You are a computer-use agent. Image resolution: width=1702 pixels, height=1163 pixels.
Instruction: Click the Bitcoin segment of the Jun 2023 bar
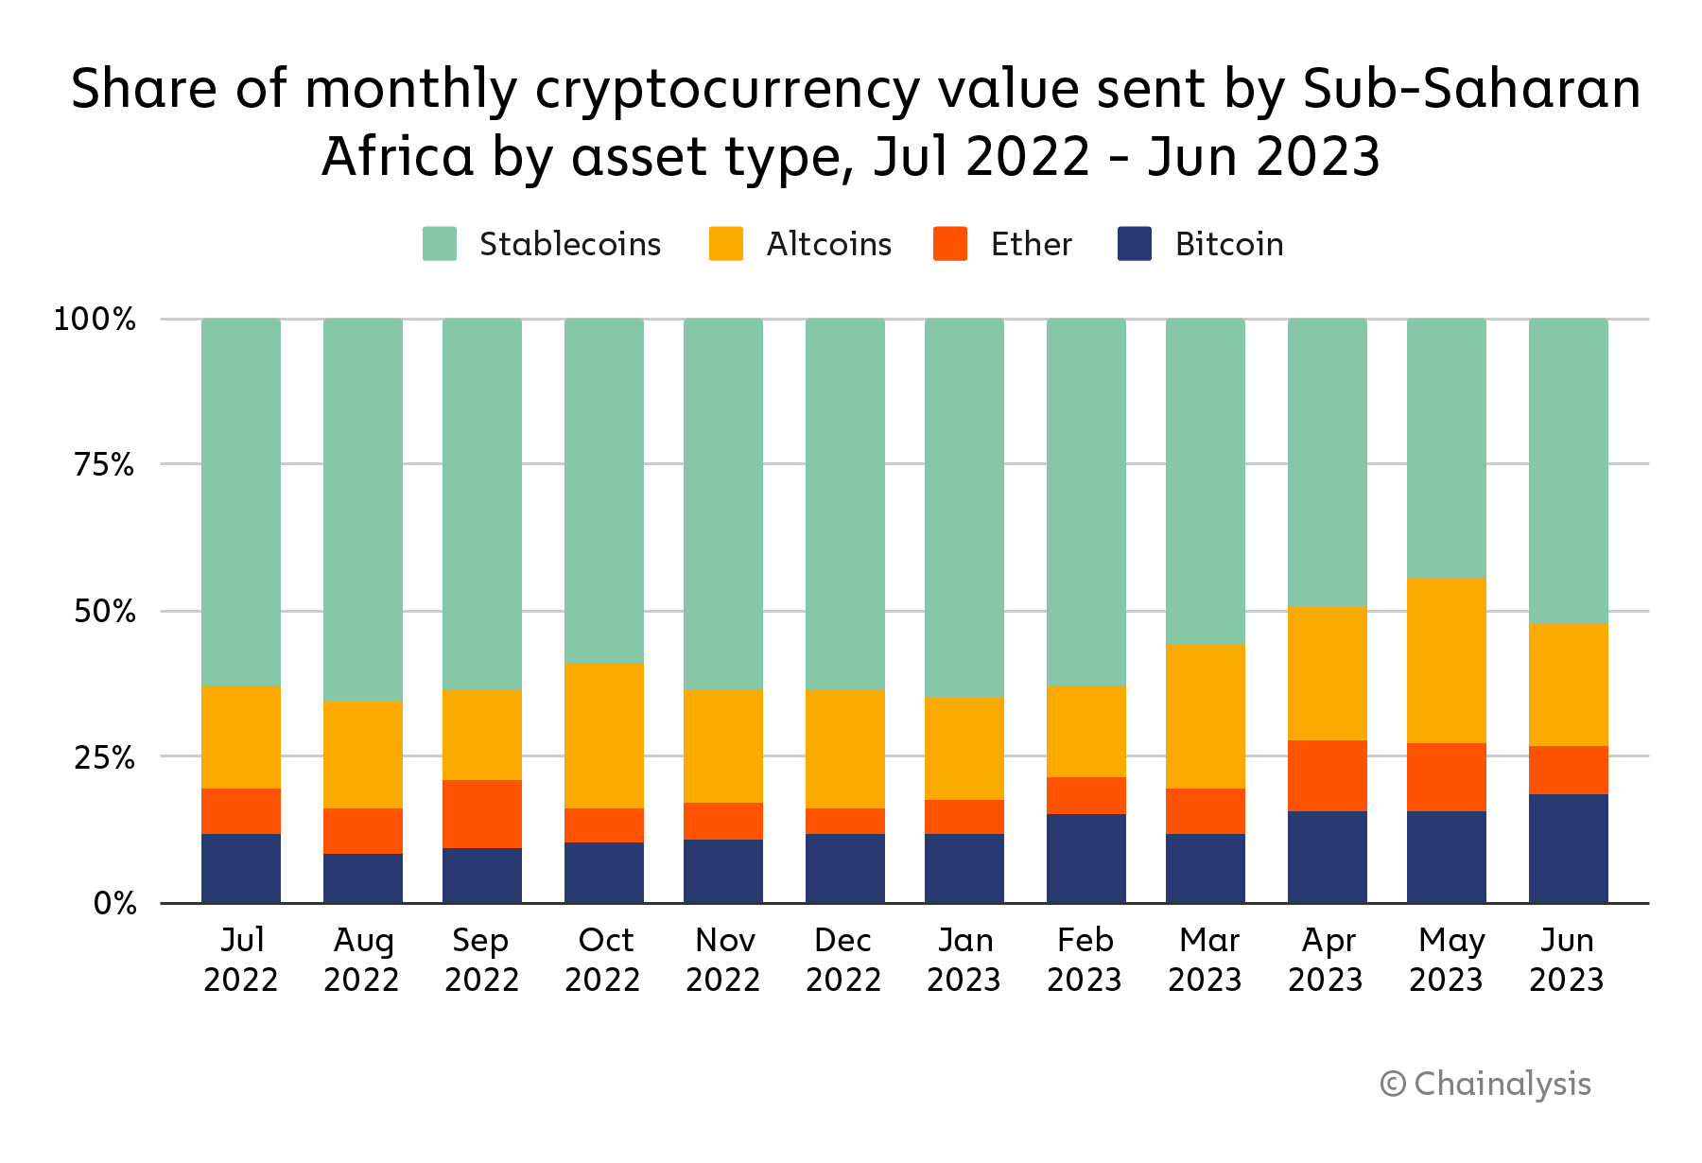coord(1568,848)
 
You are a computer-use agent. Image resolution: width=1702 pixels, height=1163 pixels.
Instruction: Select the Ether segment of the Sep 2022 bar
coord(482,814)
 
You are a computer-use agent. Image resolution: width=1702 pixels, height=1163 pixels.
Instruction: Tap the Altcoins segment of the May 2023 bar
coord(1447,660)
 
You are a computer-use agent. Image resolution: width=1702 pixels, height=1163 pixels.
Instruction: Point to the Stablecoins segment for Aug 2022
coord(363,510)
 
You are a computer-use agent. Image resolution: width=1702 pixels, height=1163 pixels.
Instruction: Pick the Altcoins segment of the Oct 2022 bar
coord(604,736)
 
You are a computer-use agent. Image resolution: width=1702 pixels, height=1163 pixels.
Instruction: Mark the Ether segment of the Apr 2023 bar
coord(1328,775)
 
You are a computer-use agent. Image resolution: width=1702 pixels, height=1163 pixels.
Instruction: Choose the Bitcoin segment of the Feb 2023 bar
coord(1086,859)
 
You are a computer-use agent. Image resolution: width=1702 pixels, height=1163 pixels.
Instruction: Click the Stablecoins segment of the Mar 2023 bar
coord(1206,481)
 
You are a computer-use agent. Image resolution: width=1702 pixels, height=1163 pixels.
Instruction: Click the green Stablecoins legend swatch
coord(440,244)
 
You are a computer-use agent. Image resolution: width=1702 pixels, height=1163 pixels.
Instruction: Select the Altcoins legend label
coord(829,244)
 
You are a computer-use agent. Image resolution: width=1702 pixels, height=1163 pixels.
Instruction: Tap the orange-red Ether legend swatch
coord(950,244)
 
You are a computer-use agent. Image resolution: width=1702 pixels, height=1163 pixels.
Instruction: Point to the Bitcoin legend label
coord(1229,244)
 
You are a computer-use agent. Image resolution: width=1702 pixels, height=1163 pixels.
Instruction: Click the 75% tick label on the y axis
coord(104,464)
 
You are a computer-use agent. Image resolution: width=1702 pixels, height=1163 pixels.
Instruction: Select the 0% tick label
coord(114,904)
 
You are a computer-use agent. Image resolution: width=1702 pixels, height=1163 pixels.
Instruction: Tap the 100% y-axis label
coord(95,319)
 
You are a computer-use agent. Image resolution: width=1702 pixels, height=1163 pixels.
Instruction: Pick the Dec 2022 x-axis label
coord(843,960)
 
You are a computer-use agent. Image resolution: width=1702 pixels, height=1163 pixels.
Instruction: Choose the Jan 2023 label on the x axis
coord(964,960)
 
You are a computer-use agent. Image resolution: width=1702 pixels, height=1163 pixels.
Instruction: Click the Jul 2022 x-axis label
coord(241,960)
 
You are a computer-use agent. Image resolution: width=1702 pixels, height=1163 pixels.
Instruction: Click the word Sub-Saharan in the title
coord(1471,89)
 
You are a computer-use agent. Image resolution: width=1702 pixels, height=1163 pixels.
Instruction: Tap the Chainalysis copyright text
coord(1485,1084)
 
